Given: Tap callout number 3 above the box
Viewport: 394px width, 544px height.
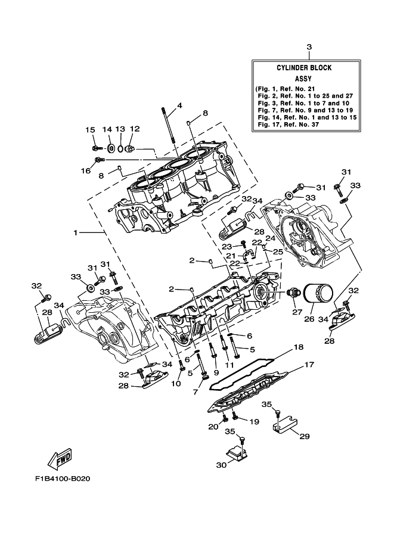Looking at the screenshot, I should coord(309,46).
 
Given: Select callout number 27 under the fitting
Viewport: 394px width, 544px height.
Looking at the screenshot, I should coord(294,312).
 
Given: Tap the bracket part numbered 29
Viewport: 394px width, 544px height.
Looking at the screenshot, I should coord(286,424).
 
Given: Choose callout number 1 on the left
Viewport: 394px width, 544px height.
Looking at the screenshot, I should coord(76,232).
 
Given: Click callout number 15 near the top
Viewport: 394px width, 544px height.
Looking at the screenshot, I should coord(91,130).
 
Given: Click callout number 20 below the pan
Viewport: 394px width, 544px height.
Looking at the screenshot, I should coord(213,427).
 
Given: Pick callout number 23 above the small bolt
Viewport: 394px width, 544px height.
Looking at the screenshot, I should coord(227,246).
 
